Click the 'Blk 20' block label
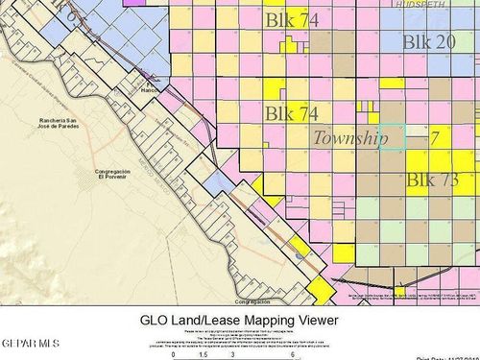point(429,42)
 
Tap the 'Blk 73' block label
point(432,180)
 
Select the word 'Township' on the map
point(350,138)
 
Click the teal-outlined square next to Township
point(392,136)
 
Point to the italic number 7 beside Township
point(434,138)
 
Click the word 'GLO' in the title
point(157,320)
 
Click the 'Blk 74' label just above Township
point(292,114)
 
